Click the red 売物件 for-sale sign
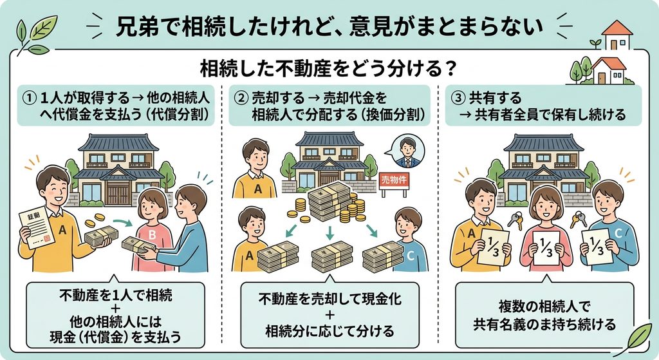click(x=394, y=180)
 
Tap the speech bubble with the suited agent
click(x=407, y=152)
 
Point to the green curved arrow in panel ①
click(x=124, y=222)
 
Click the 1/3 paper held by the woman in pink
click(x=546, y=248)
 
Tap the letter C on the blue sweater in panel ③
click(x=618, y=232)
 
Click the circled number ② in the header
click(x=241, y=99)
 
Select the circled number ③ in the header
click(x=458, y=98)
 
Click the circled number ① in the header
click(x=29, y=99)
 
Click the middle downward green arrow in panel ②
click(x=329, y=232)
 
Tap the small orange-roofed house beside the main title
click(x=617, y=35)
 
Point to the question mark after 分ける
click(x=450, y=69)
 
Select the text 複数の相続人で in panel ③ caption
click(x=544, y=307)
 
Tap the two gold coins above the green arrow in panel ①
click(x=95, y=220)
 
